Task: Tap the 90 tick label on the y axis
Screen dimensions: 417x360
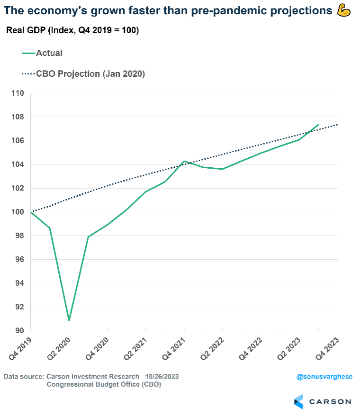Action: (x=19, y=331)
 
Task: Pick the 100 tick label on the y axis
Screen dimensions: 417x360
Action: (x=18, y=212)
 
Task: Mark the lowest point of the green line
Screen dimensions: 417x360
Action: (x=69, y=321)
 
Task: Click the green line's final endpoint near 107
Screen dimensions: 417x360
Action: (x=318, y=125)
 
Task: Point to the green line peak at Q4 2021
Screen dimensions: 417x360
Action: (x=184, y=161)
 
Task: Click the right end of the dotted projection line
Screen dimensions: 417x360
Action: (x=337, y=125)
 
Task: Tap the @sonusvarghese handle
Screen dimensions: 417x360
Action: (x=324, y=377)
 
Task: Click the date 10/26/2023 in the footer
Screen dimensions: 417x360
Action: (x=162, y=376)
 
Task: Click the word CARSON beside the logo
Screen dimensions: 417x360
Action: (x=330, y=402)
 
